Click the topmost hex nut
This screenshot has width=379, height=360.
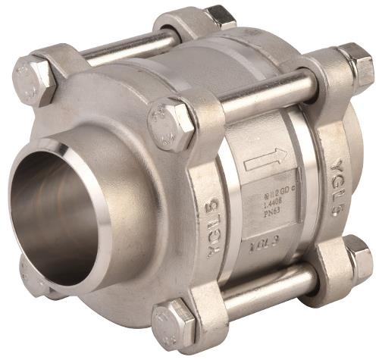click(221, 16)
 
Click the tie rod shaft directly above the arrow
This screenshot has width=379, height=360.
click(265, 95)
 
